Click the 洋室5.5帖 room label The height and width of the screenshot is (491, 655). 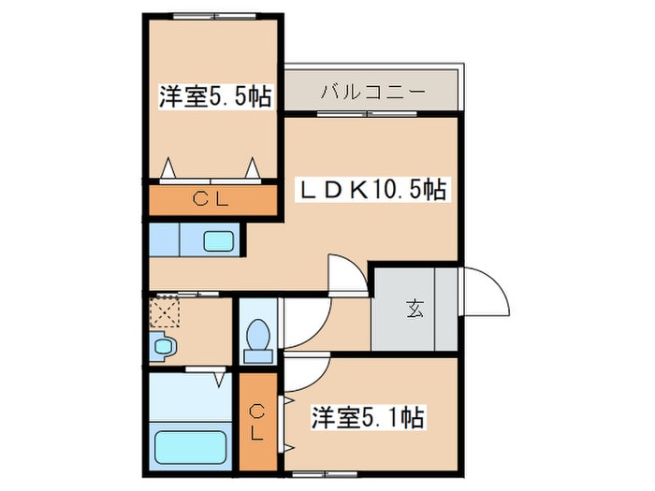[215, 96]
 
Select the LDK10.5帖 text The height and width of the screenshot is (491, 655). [372, 190]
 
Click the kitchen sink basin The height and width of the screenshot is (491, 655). [223, 240]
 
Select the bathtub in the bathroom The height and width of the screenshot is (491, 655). [192, 444]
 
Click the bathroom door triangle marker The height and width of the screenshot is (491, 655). [217, 378]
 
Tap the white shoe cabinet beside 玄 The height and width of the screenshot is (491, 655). [445, 308]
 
